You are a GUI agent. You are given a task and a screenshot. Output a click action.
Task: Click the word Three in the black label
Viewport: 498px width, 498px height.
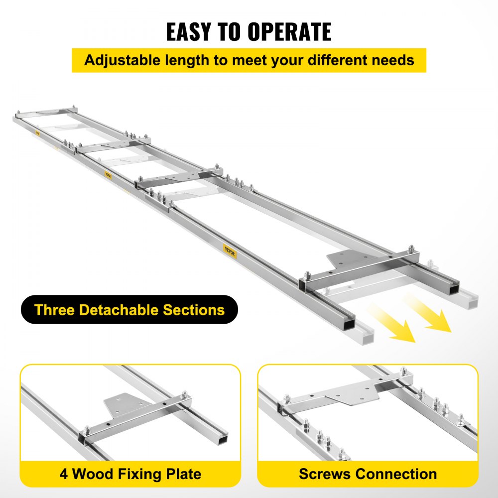click(x=54, y=310)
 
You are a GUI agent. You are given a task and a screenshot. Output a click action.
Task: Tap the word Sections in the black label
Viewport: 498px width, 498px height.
click(x=194, y=310)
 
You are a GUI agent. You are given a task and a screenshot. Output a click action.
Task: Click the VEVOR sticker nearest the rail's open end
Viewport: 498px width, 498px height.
click(x=230, y=250)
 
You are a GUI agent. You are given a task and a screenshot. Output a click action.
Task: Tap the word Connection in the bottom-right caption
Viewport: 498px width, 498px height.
click(x=397, y=474)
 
